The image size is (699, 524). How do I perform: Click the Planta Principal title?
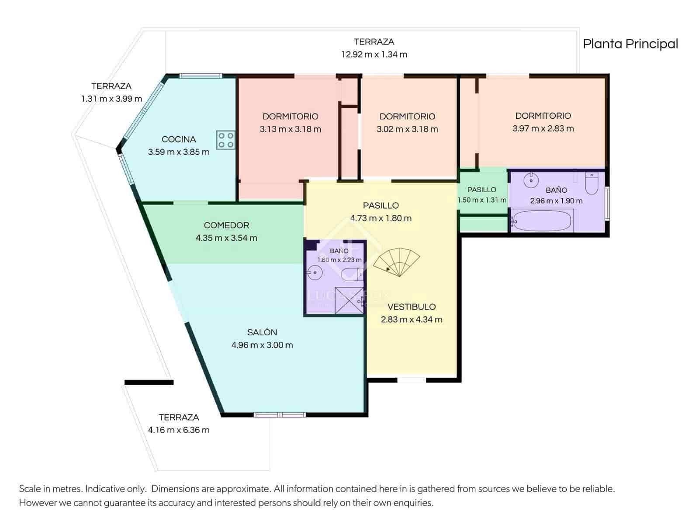[630, 44]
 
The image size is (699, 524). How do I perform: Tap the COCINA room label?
[178, 139]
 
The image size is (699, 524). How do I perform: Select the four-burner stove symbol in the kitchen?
[225, 140]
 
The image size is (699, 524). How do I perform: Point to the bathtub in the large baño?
[542, 221]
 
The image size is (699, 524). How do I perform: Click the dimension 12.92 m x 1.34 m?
[374, 55]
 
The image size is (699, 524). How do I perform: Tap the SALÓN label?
[262, 332]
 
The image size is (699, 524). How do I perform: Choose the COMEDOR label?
[226, 225]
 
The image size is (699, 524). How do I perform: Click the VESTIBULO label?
[412, 307]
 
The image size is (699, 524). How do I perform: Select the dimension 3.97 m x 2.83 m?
[543, 128]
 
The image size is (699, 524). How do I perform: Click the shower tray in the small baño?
[349, 300]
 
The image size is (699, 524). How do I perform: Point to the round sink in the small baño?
[314, 273]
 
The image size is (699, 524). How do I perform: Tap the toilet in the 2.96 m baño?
[592, 183]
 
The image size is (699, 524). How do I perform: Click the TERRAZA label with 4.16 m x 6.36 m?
[178, 417]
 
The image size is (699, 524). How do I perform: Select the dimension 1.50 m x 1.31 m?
[481, 200]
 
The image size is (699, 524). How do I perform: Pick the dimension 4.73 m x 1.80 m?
[381, 218]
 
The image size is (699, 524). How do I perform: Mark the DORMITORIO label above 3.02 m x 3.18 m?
[407, 117]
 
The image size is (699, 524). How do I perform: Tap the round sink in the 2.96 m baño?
[531, 179]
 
